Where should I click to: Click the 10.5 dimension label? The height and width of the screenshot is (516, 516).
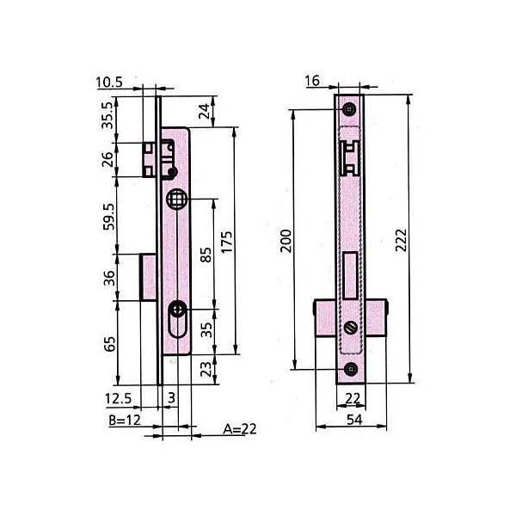pyautogui.click(x=109, y=83)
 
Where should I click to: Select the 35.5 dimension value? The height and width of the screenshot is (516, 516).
pyautogui.click(x=107, y=115)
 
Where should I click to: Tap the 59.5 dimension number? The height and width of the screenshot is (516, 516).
pyautogui.click(x=108, y=217)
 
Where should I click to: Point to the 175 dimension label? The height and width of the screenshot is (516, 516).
pyautogui.click(x=226, y=242)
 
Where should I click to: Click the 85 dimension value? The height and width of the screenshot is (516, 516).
pyautogui.click(x=206, y=255)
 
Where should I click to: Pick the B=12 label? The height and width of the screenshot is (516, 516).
pyautogui.click(x=125, y=421)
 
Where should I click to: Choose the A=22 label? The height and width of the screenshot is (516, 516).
pyautogui.click(x=240, y=429)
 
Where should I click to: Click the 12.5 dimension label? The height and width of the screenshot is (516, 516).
pyautogui.click(x=118, y=398)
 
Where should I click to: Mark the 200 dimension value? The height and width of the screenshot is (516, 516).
pyautogui.click(x=286, y=241)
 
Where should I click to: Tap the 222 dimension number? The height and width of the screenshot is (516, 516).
pyautogui.click(x=401, y=240)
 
